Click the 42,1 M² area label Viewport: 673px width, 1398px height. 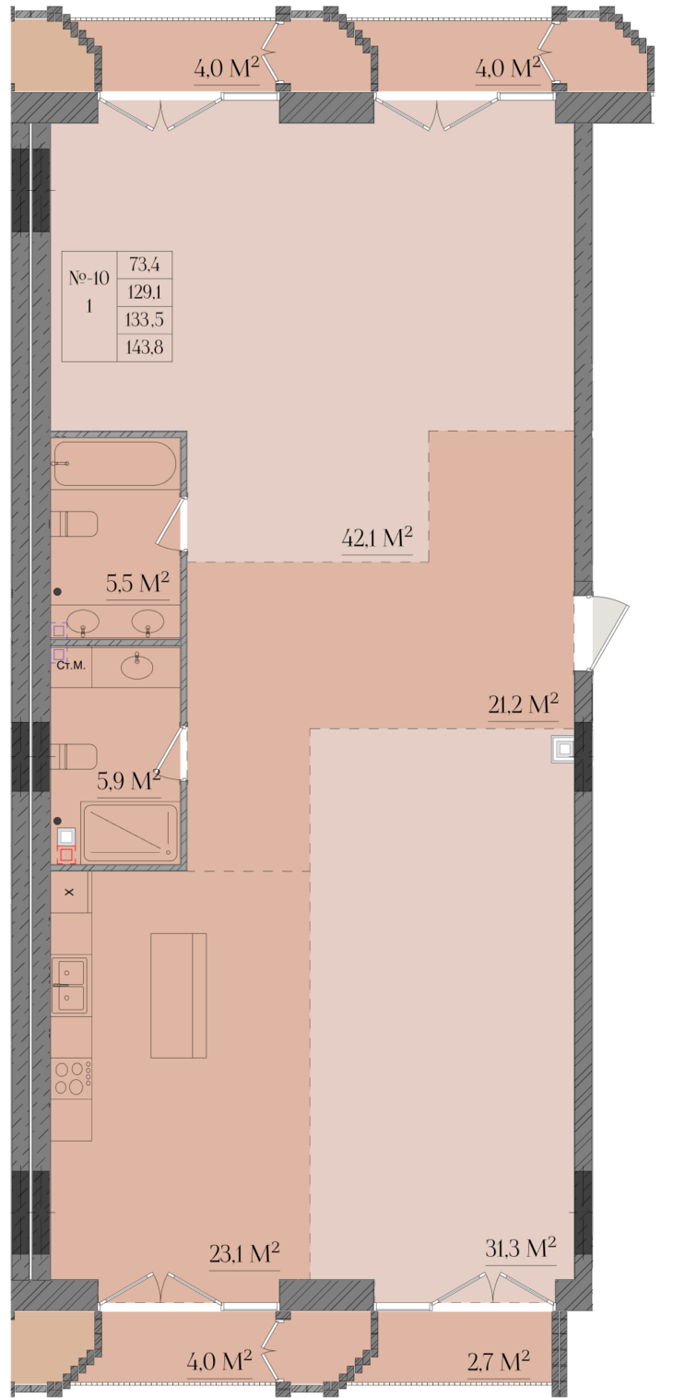[377, 537]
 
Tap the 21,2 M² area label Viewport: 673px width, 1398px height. [523, 704]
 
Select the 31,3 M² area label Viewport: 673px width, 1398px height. [521, 1248]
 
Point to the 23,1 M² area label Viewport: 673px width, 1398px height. [244, 1252]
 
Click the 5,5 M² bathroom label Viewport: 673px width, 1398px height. [137, 582]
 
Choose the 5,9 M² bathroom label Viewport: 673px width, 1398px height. [128, 780]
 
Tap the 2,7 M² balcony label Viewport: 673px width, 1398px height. [499, 1361]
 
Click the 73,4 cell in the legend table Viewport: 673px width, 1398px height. [144, 265]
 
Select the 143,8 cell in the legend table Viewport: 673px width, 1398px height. [144, 347]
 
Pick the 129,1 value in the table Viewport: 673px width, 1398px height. [144, 292]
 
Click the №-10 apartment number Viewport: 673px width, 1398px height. [89, 278]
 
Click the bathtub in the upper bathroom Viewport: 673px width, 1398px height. [114, 464]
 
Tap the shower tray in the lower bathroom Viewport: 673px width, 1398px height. [130, 834]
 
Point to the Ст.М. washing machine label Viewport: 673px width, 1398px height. [70, 666]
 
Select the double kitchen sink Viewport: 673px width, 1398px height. [70, 986]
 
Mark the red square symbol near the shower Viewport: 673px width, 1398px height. [66, 855]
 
